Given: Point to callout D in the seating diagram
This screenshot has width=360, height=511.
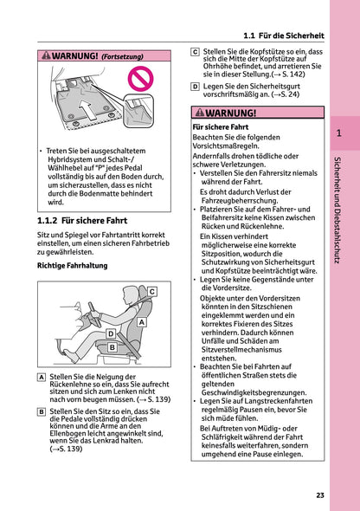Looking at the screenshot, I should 111,333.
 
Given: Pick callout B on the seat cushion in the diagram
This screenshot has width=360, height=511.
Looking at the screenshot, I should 112,347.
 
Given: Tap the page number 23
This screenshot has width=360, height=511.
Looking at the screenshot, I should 319,495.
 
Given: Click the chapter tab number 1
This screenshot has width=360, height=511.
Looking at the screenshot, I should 339,133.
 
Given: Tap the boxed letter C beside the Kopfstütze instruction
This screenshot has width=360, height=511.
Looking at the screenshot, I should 195,52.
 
